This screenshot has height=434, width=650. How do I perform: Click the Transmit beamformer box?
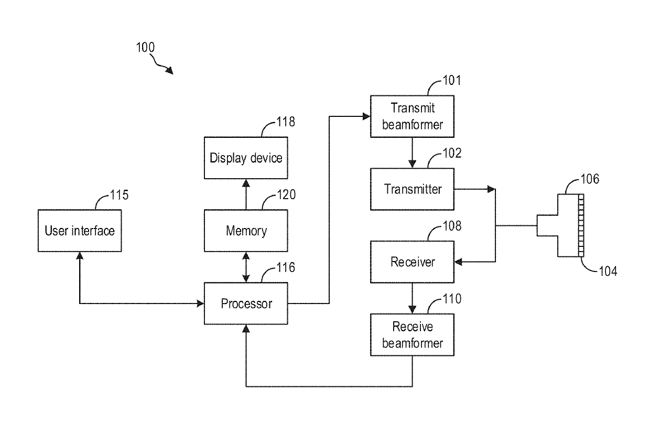[412, 116]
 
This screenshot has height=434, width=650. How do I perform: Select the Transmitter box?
[412, 189]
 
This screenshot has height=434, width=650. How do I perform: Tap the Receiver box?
[412, 262]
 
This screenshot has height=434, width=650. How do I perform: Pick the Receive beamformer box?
[412, 335]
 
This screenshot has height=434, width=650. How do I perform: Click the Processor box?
[246, 303]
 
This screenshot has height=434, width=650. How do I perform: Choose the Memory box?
[246, 231]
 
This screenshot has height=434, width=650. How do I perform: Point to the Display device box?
[246, 158]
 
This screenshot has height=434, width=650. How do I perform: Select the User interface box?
[80, 231]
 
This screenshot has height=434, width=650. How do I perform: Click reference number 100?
[145, 47]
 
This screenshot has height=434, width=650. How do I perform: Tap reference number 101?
[452, 80]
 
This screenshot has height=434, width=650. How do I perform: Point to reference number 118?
[286, 122]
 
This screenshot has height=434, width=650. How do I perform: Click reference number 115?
[120, 195]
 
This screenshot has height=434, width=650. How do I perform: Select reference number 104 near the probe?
[608, 272]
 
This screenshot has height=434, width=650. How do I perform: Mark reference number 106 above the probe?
[590, 179]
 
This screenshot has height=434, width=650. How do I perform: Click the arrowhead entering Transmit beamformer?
[367, 116]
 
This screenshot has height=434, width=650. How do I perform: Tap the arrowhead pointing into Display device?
[246, 183]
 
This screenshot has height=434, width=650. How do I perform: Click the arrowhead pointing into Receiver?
[458, 262]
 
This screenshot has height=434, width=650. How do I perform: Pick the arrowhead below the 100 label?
[169, 70]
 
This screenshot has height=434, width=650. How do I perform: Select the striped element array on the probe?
[581, 225]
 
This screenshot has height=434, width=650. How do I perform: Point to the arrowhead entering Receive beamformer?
[412, 310]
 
